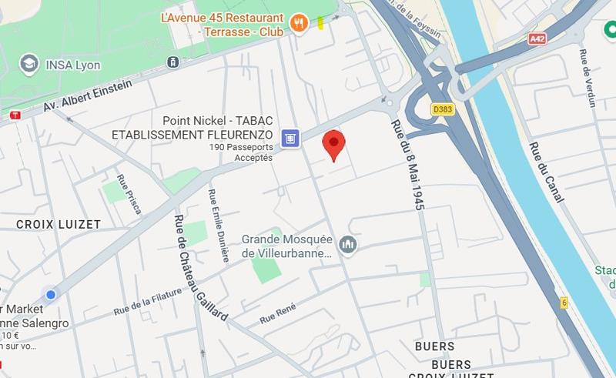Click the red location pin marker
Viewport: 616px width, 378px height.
[x=333, y=143]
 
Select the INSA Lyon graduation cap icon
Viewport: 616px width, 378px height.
[x=29, y=63]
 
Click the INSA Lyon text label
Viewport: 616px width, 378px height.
[x=73, y=65]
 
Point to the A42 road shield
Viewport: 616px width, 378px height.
[x=537, y=38]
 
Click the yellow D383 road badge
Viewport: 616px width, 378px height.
[x=443, y=109]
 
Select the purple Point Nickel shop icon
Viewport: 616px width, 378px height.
[x=290, y=138]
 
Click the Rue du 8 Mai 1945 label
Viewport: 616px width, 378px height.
[x=408, y=165]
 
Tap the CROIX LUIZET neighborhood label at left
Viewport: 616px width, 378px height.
[x=59, y=224]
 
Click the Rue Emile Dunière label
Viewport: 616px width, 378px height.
[x=217, y=225]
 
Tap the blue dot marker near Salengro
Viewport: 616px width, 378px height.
[x=51, y=294]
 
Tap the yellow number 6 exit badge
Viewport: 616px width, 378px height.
[x=564, y=303]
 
